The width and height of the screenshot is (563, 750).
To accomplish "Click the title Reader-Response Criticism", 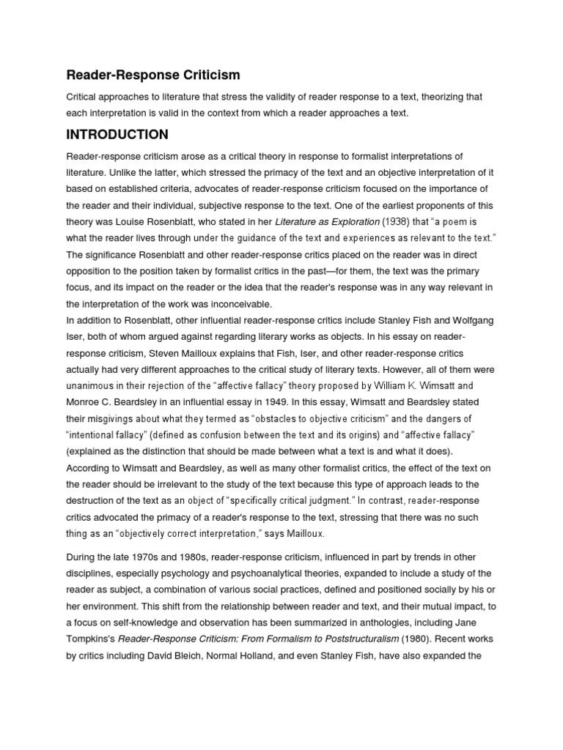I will (x=153, y=75).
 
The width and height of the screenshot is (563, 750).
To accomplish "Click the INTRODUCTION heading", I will (x=117, y=135).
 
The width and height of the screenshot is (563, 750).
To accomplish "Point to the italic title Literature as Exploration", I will (x=327, y=221).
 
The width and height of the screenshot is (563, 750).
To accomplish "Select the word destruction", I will (x=95, y=500).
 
